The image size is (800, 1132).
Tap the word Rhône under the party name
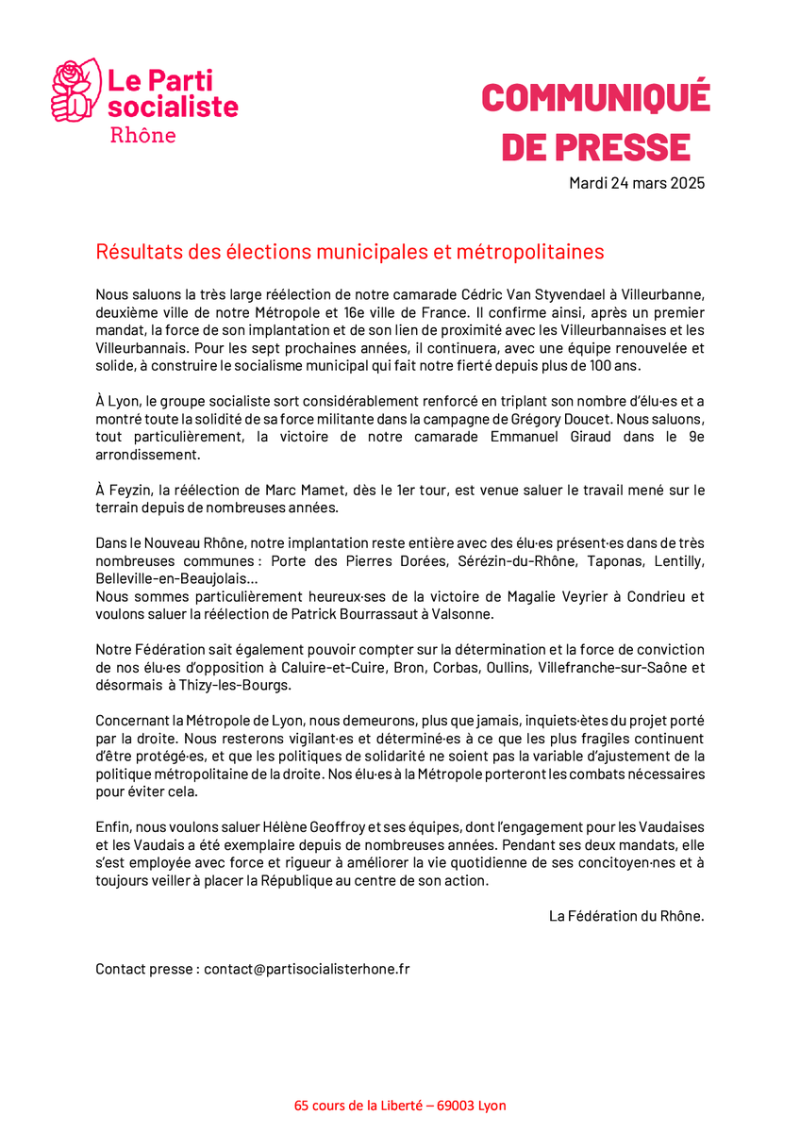click(x=143, y=135)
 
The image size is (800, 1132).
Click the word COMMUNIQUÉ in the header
click(x=595, y=98)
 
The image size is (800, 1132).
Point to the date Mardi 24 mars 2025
click(x=636, y=183)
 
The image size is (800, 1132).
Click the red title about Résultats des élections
click(x=349, y=252)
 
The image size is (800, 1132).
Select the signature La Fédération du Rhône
click(x=626, y=916)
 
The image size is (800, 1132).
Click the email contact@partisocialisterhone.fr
click(x=307, y=969)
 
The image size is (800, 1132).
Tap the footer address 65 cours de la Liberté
click(x=358, y=1106)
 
